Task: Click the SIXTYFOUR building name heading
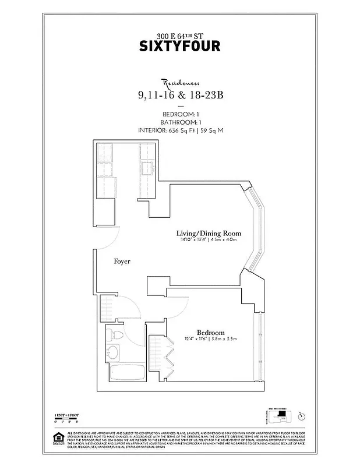pyautogui.click(x=180, y=46)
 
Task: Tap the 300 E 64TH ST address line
pyautogui.click(x=180, y=33)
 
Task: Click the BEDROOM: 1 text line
pyautogui.click(x=180, y=114)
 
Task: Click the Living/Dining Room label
pyautogui.click(x=209, y=234)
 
